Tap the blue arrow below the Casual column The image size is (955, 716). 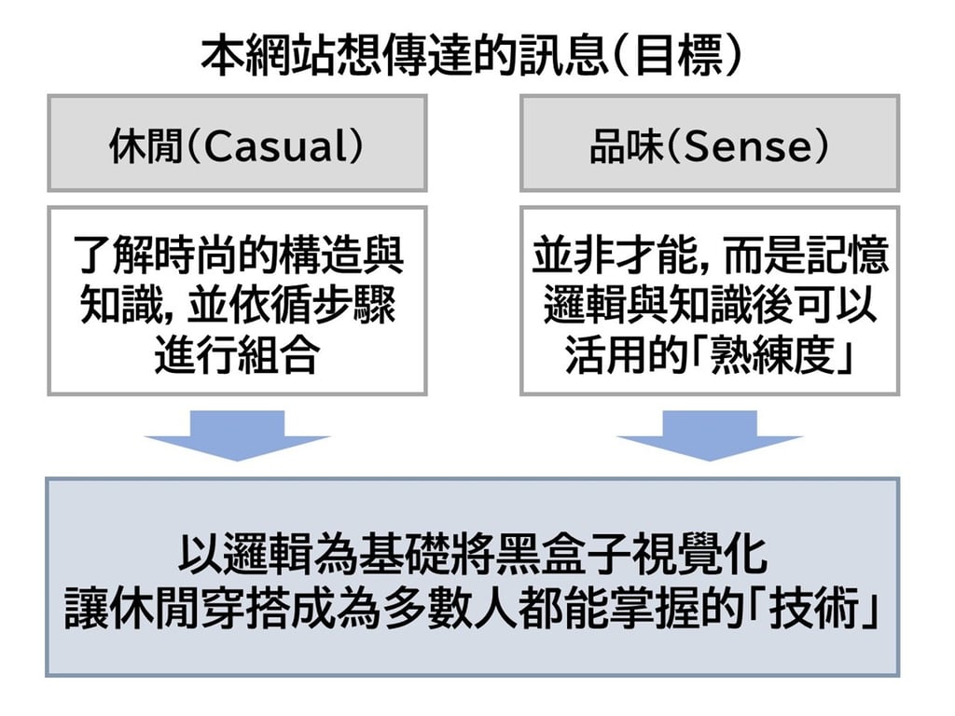236,434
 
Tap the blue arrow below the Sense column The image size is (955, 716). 709,434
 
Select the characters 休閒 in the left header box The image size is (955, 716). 145,149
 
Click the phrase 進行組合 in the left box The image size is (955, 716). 237,358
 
